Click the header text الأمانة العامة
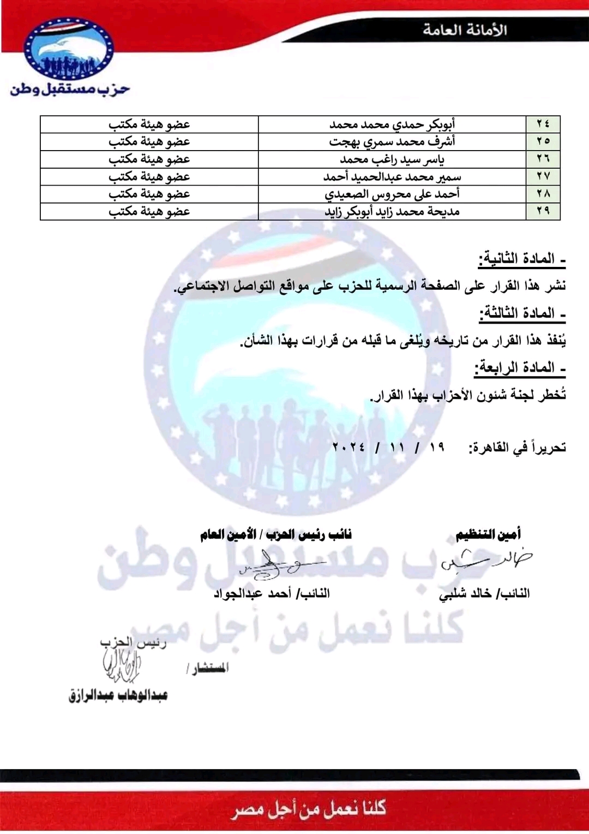tap(465, 30)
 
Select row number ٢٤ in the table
tap(543, 124)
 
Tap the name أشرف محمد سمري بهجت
tap(392, 141)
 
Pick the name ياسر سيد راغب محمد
tap(392, 159)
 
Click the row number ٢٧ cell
tap(543, 176)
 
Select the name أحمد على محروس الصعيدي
tap(392, 194)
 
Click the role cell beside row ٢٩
tap(149, 211)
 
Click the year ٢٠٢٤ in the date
tap(349, 448)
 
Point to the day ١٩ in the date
tap(437, 448)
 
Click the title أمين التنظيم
tap(488, 534)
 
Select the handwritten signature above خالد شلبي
tap(485, 561)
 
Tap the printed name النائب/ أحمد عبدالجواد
tap(272, 593)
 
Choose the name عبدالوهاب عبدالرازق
tap(118, 695)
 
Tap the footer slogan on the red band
tap(309, 808)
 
